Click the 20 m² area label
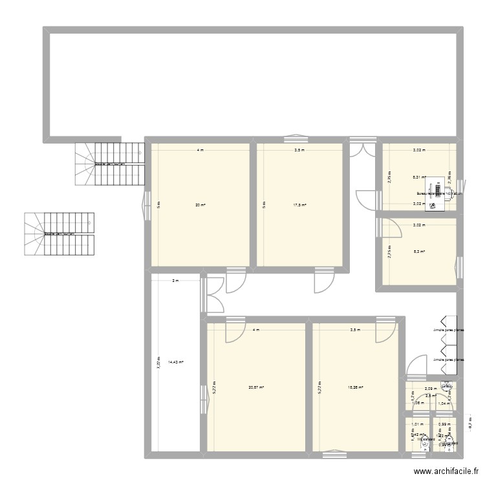coord(200,205)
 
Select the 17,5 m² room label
coord(299,205)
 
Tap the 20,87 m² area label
coord(255,387)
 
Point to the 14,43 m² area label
coord(176,363)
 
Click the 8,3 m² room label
coord(418,252)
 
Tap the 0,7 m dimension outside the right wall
coord(471,426)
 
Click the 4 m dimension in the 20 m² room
coord(200,150)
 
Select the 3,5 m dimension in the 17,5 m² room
coord(299,150)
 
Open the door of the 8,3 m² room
coord(391,228)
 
